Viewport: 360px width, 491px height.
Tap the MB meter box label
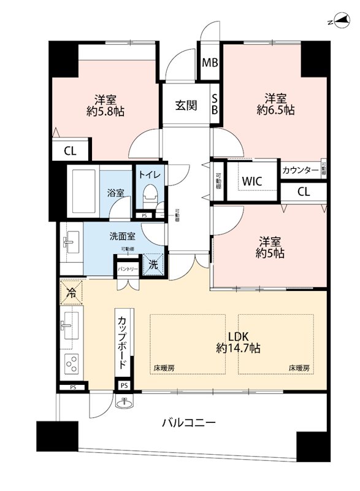(x=210, y=62)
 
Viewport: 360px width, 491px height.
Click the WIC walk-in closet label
(x=253, y=181)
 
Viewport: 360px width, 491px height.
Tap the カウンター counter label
(x=300, y=170)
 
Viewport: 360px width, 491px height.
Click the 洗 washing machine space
(x=153, y=265)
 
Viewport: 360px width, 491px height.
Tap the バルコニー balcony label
(x=188, y=423)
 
